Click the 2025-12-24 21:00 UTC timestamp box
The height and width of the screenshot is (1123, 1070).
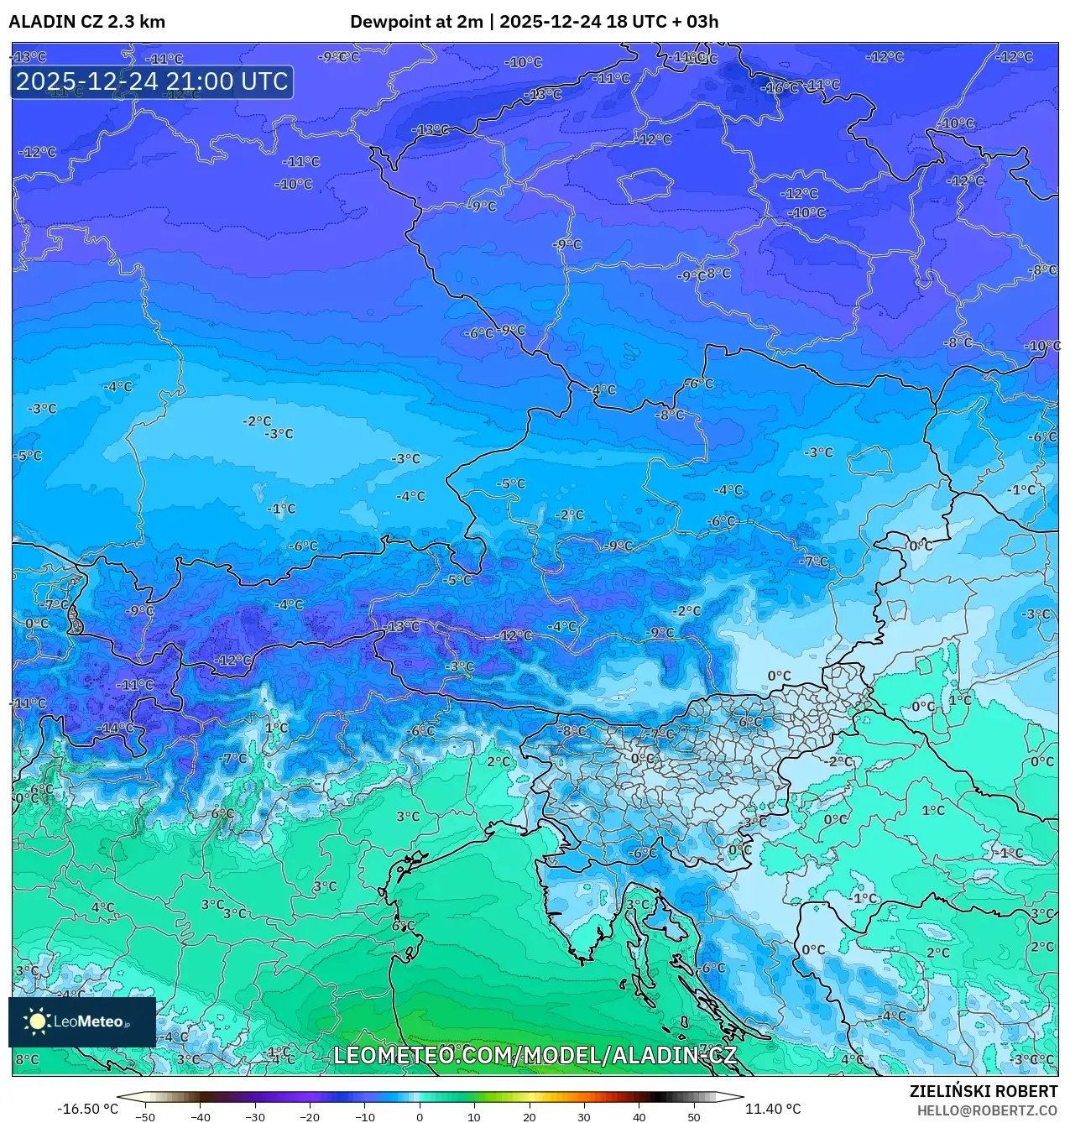pyautogui.click(x=152, y=81)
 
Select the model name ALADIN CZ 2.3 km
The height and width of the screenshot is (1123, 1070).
pyautogui.click(x=86, y=22)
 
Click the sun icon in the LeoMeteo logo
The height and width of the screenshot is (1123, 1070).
pyautogui.click(x=38, y=1021)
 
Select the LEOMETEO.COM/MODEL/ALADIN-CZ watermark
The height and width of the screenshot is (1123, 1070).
pyautogui.click(x=535, y=1055)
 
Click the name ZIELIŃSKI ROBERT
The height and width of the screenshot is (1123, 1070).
pyautogui.click(x=984, y=1091)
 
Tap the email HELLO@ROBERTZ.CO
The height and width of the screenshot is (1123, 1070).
pyautogui.click(x=987, y=1110)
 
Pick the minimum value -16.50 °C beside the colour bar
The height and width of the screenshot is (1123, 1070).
pyautogui.click(x=87, y=1109)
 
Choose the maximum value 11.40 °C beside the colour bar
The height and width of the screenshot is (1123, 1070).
pyautogui.click(x=773, y=1109)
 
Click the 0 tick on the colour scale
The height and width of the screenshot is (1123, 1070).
pyautogui.click(x=420, y=1117)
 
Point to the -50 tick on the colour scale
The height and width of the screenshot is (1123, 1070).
pyautogui.click(x=145, y=1117)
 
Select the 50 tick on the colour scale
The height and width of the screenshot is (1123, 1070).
pyautogui.click(x=693, y=1117)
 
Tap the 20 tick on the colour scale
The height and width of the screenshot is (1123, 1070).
pyautogui.click(x=529, y=1117)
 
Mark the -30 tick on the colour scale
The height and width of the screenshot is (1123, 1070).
pyautogui.click(x=255, y=1117)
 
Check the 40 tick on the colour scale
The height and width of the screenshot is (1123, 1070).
pyautogui.click(x=639, y=1117)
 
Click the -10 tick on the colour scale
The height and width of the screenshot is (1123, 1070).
pyautogui.click(x=365, y=1117)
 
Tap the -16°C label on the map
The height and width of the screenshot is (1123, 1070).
pyautogui.click(x=780, y=88)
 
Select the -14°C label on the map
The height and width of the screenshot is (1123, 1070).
pyautogui.click(x=115, y=728)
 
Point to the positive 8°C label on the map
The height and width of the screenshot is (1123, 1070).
pyautogui.click(x=27, y=1059)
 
